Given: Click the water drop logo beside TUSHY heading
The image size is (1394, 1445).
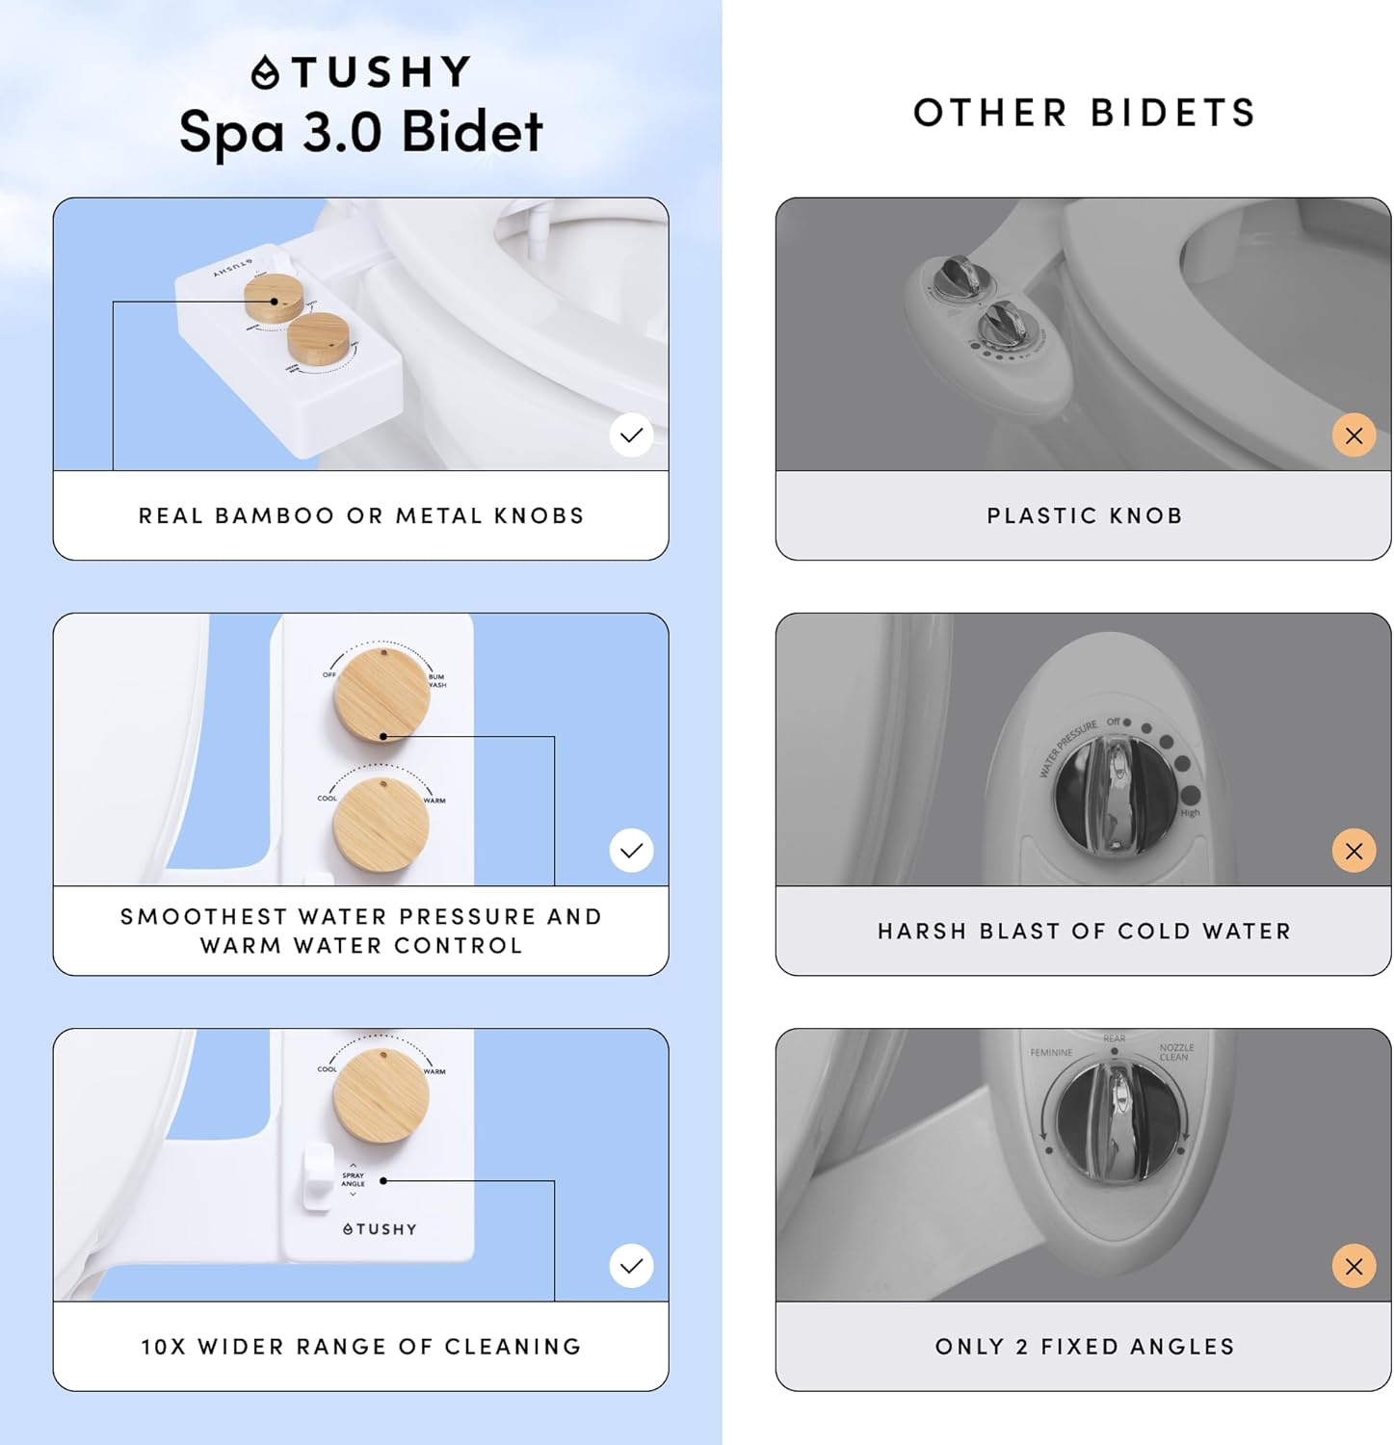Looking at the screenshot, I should pos(265,73).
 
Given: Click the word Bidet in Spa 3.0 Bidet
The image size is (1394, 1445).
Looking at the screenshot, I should pos(471,132).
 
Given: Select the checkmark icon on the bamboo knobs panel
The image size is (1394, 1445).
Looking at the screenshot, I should pos(631,435).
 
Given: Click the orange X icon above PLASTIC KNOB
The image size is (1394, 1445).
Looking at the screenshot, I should pos(1354,435).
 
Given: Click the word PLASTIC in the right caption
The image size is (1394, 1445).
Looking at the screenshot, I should pos(1041,516).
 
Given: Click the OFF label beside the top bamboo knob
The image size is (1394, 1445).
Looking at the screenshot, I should pos(329,674).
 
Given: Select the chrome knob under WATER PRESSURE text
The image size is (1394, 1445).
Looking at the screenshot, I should pos(1115,796).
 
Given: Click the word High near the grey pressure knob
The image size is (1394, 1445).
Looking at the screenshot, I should pos(1190,813).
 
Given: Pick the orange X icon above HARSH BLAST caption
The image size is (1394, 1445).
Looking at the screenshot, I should pos(1354,851).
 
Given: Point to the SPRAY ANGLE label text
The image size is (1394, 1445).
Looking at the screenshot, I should pos(353,1179).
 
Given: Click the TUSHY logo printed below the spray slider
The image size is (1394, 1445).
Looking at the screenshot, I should pos(380,1229).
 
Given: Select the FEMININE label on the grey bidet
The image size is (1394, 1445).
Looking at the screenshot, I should pos(1051,1053).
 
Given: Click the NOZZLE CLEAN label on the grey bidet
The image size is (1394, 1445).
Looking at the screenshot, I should pos(1175,1052).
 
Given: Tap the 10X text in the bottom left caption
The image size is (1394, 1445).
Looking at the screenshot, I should pos(163,1347).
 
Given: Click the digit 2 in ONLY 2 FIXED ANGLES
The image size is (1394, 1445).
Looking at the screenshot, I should pos(1021,1347).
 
